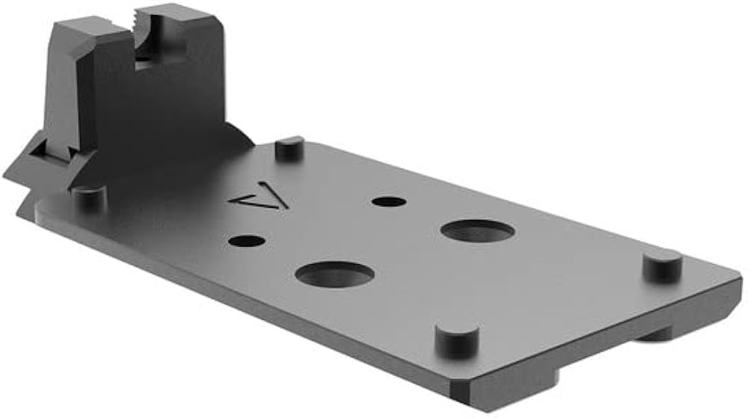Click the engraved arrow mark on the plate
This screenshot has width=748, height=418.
click(259, 200)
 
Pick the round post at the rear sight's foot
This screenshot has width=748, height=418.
click(89, 197)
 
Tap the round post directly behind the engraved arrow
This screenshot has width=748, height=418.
click(289, 147)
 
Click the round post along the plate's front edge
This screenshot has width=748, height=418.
click(456, 339)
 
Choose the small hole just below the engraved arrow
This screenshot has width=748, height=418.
click(248, 242)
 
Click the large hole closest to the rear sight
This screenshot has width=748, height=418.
click(334, 275)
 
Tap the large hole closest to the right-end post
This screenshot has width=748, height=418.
click(477, 231)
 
